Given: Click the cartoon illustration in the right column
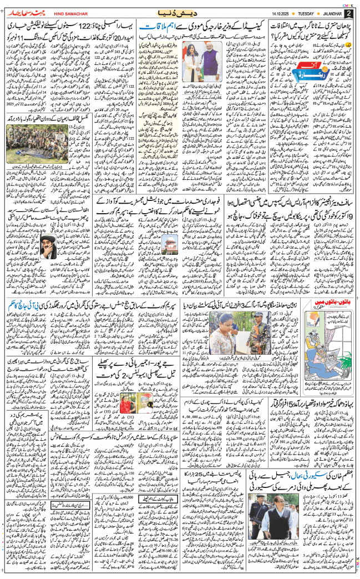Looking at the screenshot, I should coord(323,344).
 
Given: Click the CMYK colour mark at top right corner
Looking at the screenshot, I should coord(349,3).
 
